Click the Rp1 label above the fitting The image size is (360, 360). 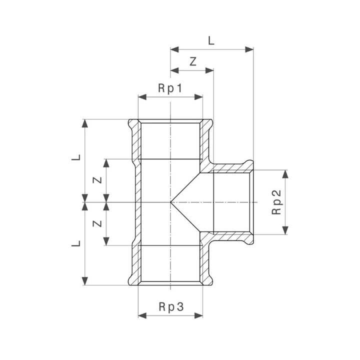coord(170,88)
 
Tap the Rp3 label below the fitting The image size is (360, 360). coord(170,307)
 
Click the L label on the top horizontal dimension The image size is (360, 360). coord(211,41)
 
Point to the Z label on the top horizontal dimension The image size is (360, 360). coord(192,62)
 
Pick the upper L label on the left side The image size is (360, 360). coord(75,157)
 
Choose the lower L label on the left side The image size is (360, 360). coord(75,243)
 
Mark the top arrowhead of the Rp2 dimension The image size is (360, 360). coord(285,173)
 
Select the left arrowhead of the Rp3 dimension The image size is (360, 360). coord(141,315)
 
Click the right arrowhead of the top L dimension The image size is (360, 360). coord(250,49)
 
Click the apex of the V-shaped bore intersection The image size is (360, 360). coord(171,202)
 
